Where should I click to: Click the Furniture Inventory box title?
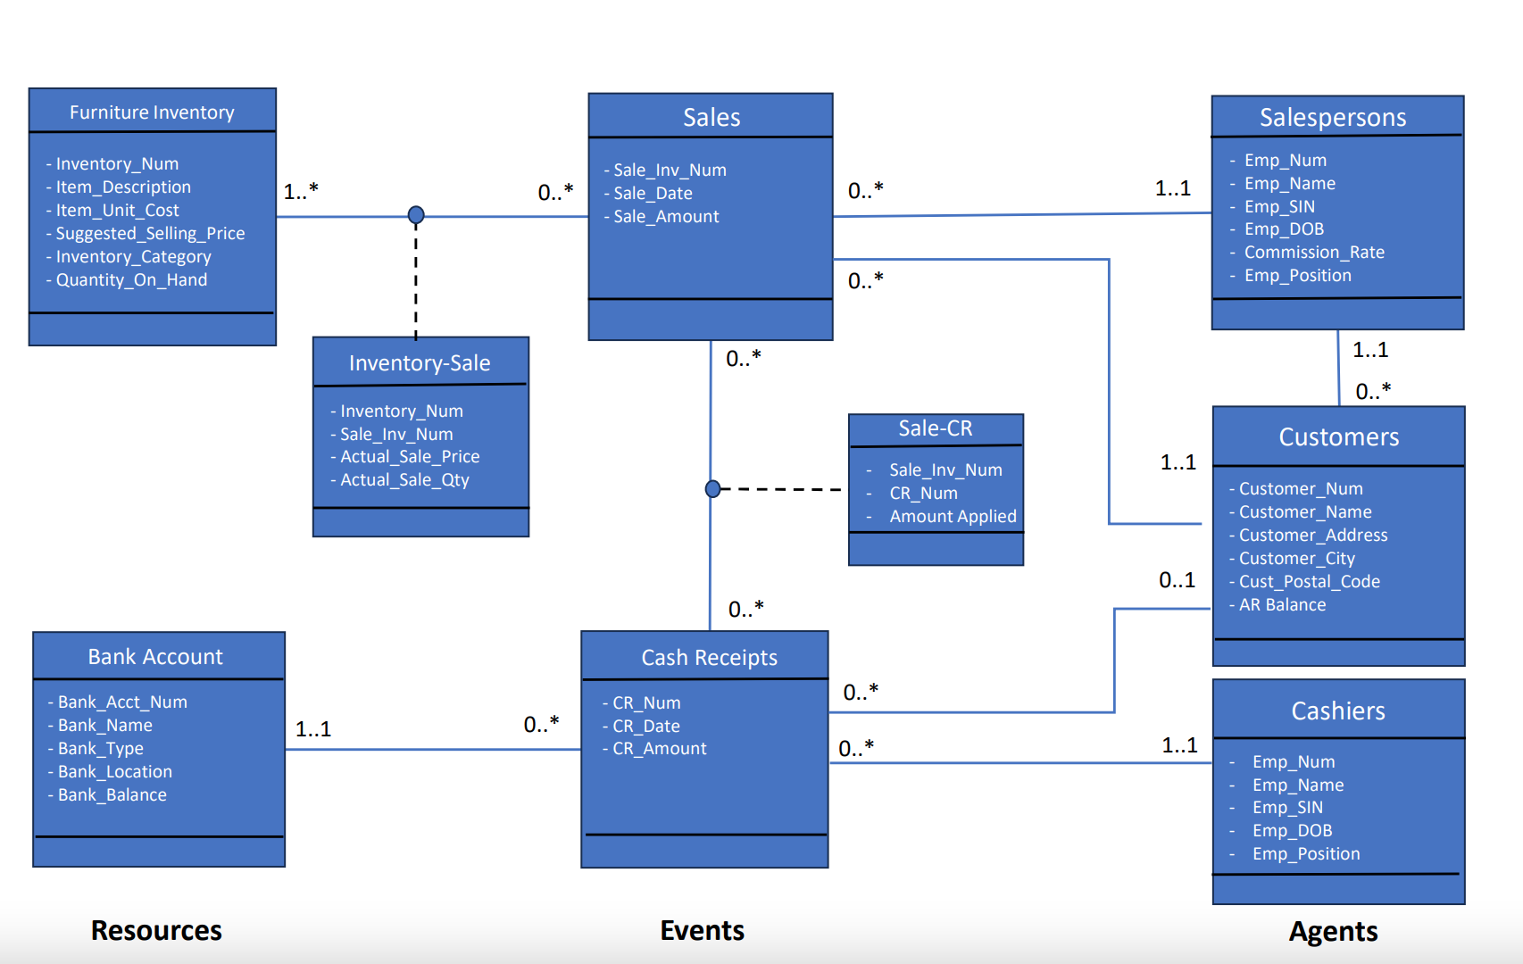coord(152,112)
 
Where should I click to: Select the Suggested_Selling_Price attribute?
coord(150,233)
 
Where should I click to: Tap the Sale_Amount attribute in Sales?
coord(666,216)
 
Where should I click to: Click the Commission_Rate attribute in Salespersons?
coord(1314,252)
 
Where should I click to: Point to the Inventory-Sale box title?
coord(420,363)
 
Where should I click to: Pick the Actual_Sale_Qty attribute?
coord(404,479)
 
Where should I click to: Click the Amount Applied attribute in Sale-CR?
coord(953,516)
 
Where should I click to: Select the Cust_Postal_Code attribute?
coord(1309,581)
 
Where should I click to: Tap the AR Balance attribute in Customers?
coord(1282,604)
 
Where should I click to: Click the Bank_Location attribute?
coord(114,771)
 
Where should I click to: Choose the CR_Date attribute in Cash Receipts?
coord(646,726)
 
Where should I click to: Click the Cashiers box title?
coord(1338,711)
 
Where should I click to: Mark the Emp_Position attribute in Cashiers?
coord(1306,853)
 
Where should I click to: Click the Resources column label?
coord(156,930)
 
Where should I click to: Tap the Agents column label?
coord(1333,931)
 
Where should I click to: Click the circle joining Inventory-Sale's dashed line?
coord(416,215)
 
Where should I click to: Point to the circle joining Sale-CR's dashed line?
coord(712,489)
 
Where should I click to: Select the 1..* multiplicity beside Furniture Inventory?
coord(301,191)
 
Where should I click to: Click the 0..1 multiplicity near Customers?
coord(1177,580)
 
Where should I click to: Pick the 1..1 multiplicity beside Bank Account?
coord(313,729)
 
